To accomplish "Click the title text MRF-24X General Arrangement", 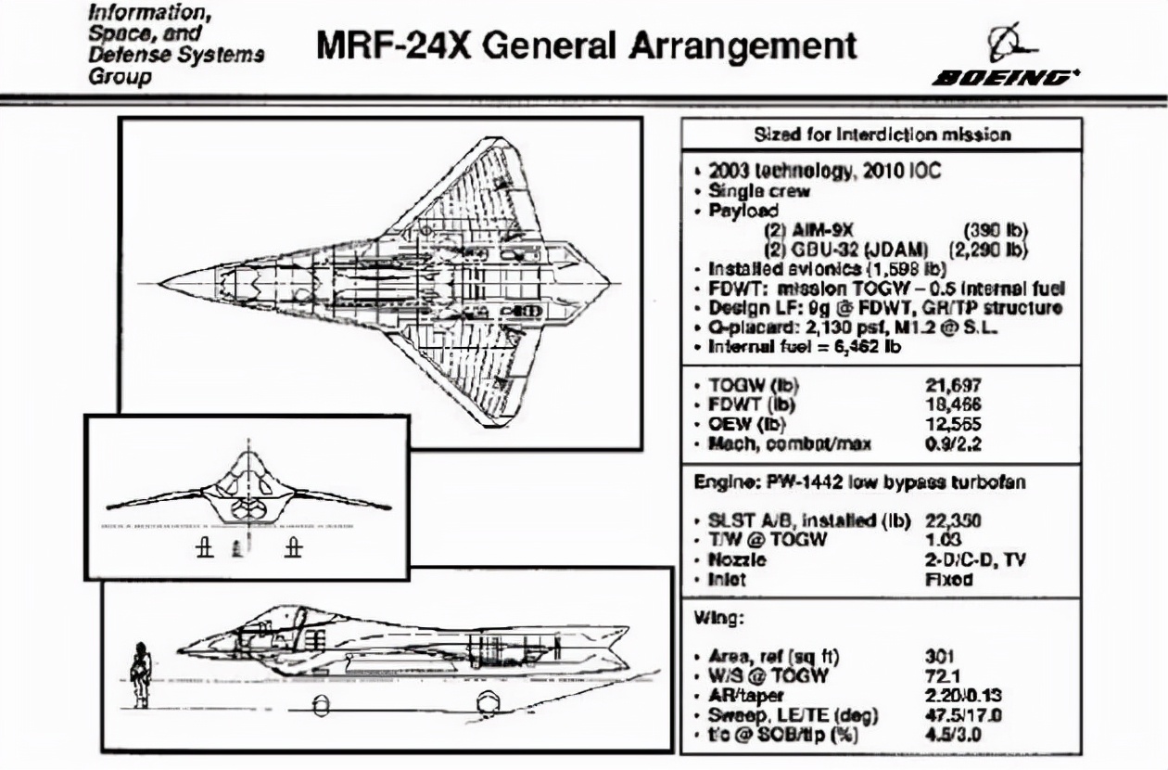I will click(x=587, y=45).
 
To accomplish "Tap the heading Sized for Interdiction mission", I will click(x=881, y=135).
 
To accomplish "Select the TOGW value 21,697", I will click(x=953, y=386).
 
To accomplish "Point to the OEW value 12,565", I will click(x=953, y=423).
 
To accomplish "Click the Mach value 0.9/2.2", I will click(x=954, y=443).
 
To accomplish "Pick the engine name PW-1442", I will click(x=819, y=483).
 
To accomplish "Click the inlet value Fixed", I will click(x=948, y=580).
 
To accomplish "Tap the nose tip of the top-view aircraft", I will click(x=160, y=280).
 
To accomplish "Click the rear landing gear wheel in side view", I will click(x=487, y=705).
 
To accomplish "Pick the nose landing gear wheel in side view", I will click(x=321, y=707).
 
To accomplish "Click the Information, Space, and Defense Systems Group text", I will click(x=176, y=44).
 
